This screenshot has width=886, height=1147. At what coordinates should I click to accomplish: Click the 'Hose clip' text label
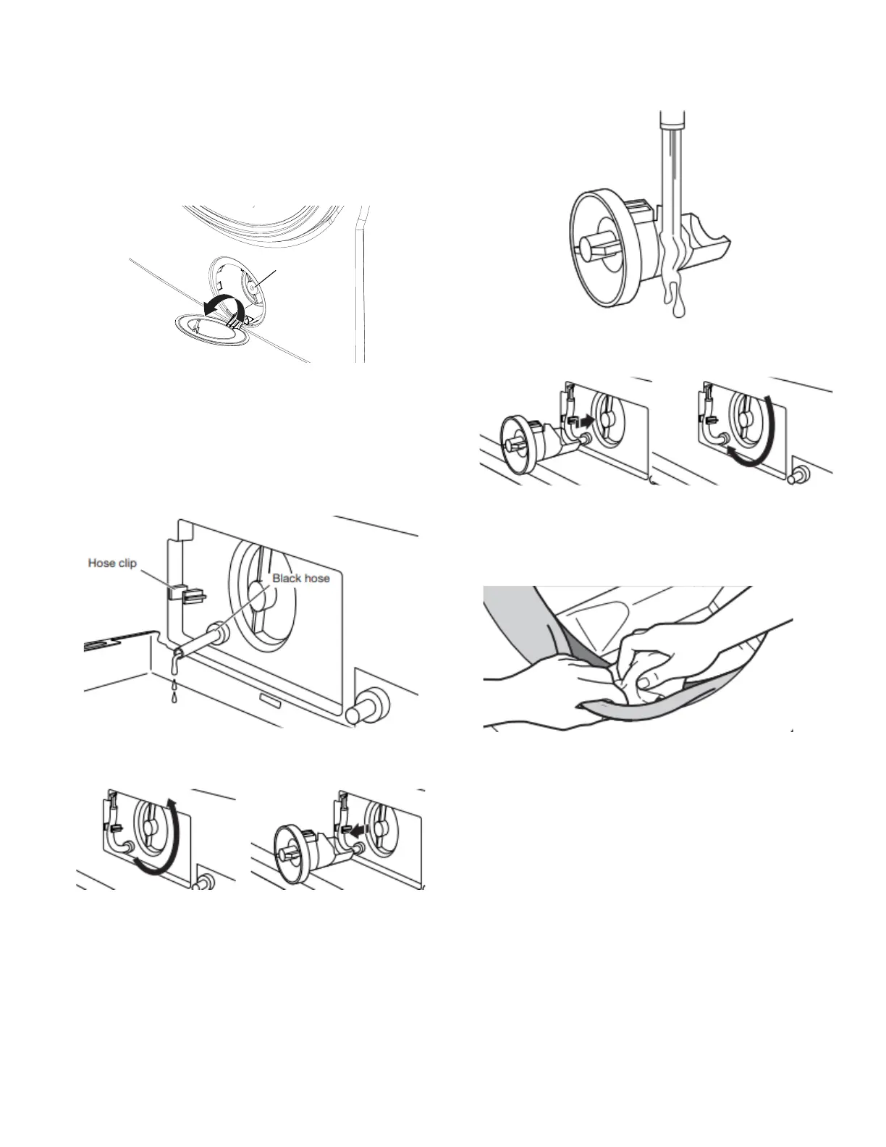coord(112,563)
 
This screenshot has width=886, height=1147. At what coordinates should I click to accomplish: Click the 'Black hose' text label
coord(301,579)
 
